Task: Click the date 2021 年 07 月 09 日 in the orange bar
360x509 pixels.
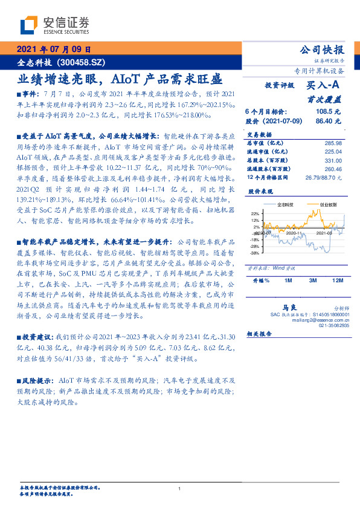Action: [53, 50]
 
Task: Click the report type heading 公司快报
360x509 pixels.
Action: [321, 50]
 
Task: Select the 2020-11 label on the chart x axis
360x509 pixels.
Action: [294, 248]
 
